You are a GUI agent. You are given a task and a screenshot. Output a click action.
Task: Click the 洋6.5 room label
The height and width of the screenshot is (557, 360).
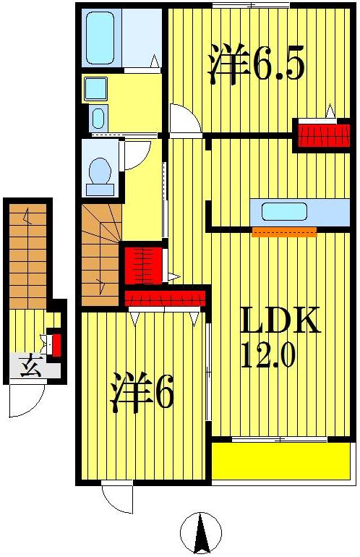pyautogui.click(x=256, y=64)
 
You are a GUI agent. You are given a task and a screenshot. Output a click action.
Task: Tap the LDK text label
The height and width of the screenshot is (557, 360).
pyautogui.click(x=280, y=320)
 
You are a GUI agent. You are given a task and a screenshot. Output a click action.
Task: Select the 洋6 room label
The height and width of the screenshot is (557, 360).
pyautogui.click(x=142, y=393)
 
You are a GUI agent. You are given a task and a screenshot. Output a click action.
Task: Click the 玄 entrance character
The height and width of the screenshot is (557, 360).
pyautogui.click(x=30, y=365)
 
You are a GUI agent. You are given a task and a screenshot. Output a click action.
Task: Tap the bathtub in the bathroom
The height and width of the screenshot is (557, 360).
pyautogui.click(x=100, y=38)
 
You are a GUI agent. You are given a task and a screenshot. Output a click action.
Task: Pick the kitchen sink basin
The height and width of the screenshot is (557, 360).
pyautogui.click(x=284, y=211)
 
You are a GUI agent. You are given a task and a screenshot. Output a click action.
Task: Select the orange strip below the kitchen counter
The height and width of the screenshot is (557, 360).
pyautogui.click(x=284, y=232)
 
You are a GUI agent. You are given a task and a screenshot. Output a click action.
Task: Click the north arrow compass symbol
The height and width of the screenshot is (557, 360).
pyautogui.click(x=200, y=533)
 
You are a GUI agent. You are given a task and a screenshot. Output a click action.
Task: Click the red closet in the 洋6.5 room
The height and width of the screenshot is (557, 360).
pyautogui.click(x=324, y=135)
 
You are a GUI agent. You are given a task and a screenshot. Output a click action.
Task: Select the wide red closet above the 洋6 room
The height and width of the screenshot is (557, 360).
pyautogui.click(x=165, y=298)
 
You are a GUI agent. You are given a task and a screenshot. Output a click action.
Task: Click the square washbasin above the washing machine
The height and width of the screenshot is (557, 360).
pyautogui.click(x=95, y=88)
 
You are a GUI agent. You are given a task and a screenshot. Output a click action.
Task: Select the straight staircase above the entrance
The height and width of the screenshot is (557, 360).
pyautogui.click(x=27, y=256)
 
